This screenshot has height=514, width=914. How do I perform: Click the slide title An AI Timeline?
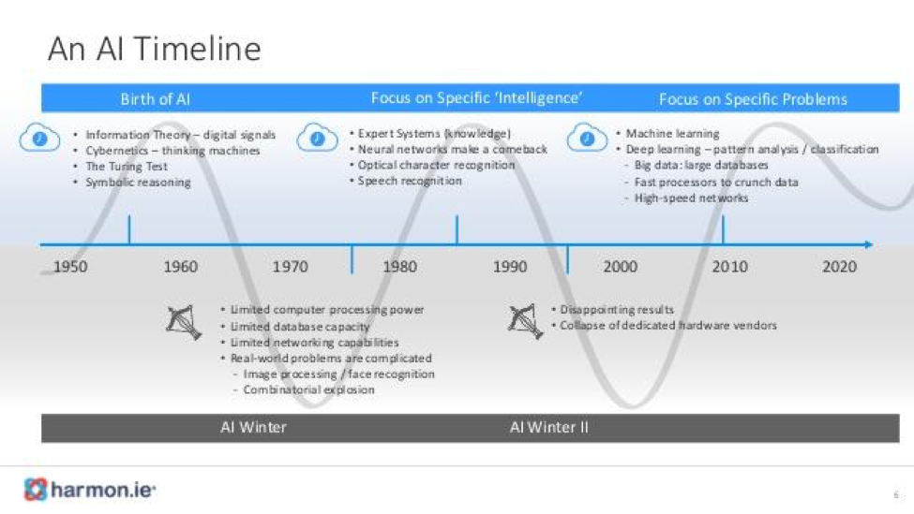click(x=155, y=49)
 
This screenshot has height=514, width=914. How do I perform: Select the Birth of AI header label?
click(x=155, y=99)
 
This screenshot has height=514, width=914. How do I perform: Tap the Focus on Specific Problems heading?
click(x=753, y=99)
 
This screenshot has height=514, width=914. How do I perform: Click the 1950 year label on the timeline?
click(x=70, y=267)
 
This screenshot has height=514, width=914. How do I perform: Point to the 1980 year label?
click(x=400, y=267)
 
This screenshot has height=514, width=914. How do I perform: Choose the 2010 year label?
click(x=730, y=267)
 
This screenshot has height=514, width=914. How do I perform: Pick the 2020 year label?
click(x=839, y=267)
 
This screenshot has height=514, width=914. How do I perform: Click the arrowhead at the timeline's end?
click(x=869, y=244)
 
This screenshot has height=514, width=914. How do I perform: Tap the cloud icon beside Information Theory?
click(x=39, y=138)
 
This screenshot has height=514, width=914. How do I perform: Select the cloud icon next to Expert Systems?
click(x=317, y=138)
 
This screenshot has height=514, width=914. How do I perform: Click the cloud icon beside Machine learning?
click(x=587, y=138)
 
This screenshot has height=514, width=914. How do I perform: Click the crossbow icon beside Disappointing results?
click(x=525, y=321)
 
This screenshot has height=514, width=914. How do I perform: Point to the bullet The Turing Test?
click(x=127, y=167)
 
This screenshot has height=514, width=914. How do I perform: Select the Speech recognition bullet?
click(x=410, y=181)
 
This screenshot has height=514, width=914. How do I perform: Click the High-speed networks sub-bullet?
click(x=691, y=198)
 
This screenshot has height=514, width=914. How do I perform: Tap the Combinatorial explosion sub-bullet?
click(x=309, y=389)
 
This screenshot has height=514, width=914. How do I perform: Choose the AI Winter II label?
click(x=549, y=427)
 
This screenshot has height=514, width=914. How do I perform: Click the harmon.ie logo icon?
click(x=35, y=490)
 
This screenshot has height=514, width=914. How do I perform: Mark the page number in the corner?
click(x=896, y=494)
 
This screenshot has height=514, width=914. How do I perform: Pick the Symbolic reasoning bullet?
click(x=138, y=183)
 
